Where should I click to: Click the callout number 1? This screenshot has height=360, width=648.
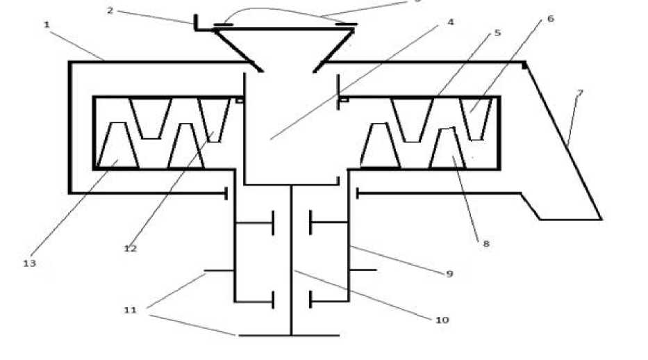[x=47, y=25]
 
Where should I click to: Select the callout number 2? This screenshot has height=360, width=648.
[x=110, y=10]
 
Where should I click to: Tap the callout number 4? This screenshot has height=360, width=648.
[x=451, y=22]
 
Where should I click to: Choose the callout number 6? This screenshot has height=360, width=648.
[x=550, y=19]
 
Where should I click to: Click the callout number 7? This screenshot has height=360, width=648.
[x=579, y=92]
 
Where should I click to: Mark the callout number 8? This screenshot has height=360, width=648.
[x=486, y=244]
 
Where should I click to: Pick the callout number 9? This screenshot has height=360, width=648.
[x=449, y=274]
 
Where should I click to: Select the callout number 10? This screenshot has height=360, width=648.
[x=442, y=320]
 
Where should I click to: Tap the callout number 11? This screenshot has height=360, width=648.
[x=130, y=311]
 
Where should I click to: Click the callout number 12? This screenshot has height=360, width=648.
[x=130, y=248]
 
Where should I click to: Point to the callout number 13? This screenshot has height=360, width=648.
[x=29, y=263]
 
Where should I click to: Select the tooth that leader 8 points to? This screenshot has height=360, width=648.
[x=447, y=149]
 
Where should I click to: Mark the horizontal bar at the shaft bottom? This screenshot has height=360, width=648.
[x=289, y=336]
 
